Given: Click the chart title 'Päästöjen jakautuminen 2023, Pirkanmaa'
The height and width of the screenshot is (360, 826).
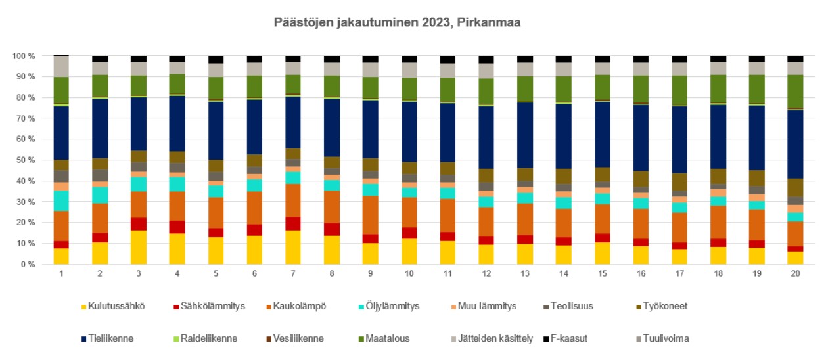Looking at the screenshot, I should (398, 22).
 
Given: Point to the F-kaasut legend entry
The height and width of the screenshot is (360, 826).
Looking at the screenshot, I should (568, 339).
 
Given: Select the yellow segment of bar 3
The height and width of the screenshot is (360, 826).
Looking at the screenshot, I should (139, 248).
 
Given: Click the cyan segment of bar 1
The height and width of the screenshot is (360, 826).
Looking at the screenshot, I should (61, 201).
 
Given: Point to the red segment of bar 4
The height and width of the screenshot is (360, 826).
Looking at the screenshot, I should (177, 227).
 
